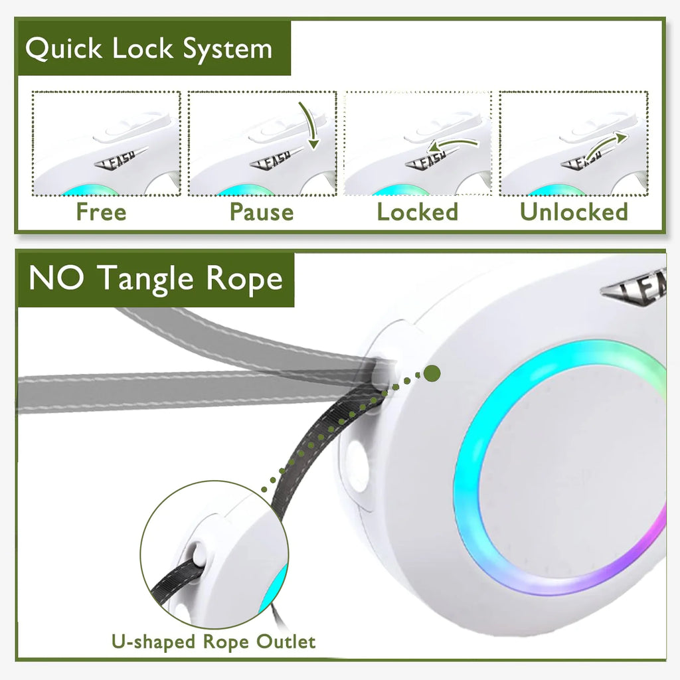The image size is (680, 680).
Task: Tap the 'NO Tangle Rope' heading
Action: [x=155, y=279]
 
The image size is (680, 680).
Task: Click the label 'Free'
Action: [x=101, y=212]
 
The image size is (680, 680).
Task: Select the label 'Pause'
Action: [x=262, y=212]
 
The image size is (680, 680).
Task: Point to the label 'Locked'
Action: [x=418, y=212]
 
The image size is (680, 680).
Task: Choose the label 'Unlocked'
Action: [x=574, y=212]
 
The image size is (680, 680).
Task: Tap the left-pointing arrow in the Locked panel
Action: [x=452, y=143]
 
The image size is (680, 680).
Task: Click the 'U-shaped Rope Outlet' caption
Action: [x=213, y=642]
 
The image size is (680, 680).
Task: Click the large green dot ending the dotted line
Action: [x=432, y=373]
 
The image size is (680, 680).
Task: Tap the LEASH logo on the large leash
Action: [x=637, y=292]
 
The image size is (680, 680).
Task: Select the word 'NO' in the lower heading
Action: [x=56, y=279]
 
